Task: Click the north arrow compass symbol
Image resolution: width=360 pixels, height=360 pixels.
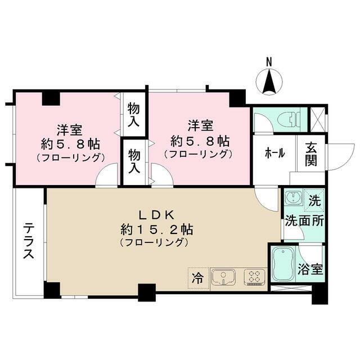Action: click(269, 83)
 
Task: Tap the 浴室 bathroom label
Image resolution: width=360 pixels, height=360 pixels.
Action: click(310, 268)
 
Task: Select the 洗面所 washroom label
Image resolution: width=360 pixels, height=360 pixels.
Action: click(303, 220)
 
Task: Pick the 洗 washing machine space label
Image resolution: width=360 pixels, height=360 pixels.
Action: click(314, 199)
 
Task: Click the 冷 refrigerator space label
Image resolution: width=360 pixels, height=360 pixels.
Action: click(197, 277)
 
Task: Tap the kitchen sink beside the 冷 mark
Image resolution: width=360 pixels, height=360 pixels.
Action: click(223, 277)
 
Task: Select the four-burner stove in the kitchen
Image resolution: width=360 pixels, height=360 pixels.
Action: click(254, 277)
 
